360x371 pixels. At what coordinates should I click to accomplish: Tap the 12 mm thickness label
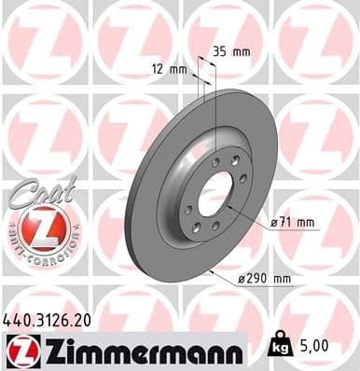pyautogui.click(x=171, y=68)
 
